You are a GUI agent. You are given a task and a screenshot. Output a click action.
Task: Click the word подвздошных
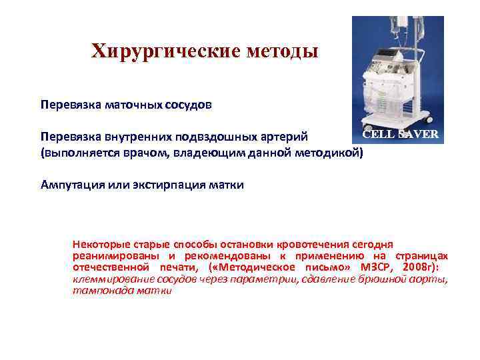[215, 137]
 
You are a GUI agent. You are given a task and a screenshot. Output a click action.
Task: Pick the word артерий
[285, 137]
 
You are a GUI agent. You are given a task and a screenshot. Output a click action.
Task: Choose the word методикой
[327, 153]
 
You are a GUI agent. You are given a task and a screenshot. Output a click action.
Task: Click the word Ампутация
[71, 185]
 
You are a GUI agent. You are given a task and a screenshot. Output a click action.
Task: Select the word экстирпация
[171, 185]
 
